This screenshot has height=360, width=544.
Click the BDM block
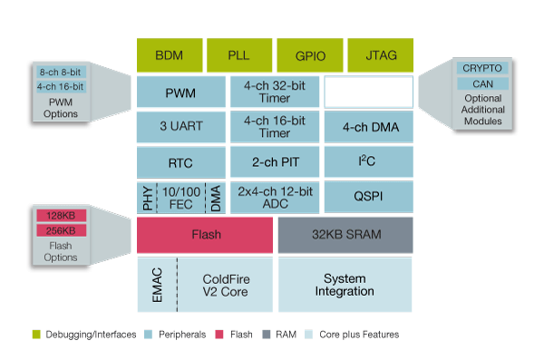[x=169, y=54]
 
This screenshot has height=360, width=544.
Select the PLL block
[x=238, y=54]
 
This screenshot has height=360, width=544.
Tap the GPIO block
[x=308, y=54]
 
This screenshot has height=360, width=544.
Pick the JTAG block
[x=379, y=54]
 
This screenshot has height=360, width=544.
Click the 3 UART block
[x=180, y=126]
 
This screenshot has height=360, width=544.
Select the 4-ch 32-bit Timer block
[x=274, y=92]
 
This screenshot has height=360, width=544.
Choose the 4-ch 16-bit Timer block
[x=274, y=126]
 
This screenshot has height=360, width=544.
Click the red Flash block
[x=205, y=235]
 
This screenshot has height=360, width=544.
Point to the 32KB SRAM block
[x=345, y=235]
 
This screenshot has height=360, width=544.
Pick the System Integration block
[x=345, y=284]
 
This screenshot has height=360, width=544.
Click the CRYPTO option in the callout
[x=481, y=68]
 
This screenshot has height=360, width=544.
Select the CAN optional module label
[x=481, y=83]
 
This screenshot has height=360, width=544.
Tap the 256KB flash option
[x=61, y=230]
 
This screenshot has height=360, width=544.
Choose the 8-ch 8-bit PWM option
[x=60, y=71]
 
